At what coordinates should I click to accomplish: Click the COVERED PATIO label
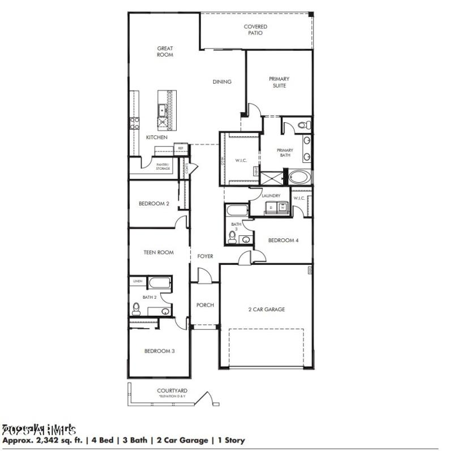[255, 29]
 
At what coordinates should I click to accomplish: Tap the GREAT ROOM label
[165, 51]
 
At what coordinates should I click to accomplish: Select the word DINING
[222, 81]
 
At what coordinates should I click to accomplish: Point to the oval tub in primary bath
[298, 178]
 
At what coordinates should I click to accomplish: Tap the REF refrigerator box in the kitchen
[181, 148]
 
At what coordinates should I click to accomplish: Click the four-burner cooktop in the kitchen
[135, 122]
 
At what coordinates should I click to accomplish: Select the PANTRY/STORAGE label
[163, 166]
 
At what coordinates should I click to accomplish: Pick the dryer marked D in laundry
[270, 208]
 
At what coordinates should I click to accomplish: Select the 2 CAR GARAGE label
[266, 310]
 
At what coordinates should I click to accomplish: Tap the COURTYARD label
[172, 390]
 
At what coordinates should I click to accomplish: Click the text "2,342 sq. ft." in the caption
[57, 440]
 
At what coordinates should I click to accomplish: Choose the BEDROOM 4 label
[283, 240]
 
